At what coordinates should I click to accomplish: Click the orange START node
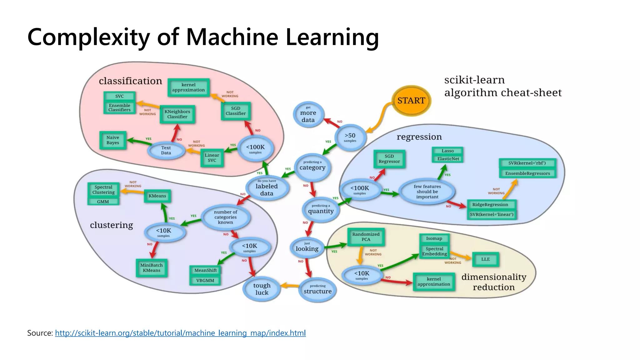pos(411,101)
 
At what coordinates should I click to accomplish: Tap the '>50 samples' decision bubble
pos(350,137)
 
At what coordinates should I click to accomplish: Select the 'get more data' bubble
pos(308,115)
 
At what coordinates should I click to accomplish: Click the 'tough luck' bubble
pos(262,289)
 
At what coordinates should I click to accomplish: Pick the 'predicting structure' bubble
pos(317,289)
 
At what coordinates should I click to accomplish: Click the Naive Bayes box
pos(113,140)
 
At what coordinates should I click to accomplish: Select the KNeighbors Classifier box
pos(177,114)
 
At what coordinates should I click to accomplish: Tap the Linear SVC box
pos(212,157)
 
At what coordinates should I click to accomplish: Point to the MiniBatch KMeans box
pos(152,268)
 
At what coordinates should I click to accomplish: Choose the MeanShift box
pos(205,270)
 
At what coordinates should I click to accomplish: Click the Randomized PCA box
pos(366,237)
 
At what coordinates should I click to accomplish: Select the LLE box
pos(485,259)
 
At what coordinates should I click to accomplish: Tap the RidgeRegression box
pos(490,205)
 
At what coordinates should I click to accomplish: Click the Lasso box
pos(447,151)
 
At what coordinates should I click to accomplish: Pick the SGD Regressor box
pos(389,159)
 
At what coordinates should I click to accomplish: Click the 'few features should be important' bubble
pos(427,192)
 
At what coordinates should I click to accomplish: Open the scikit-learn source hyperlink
pos(180,333)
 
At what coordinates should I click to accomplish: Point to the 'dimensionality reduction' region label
pos(494,282)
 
